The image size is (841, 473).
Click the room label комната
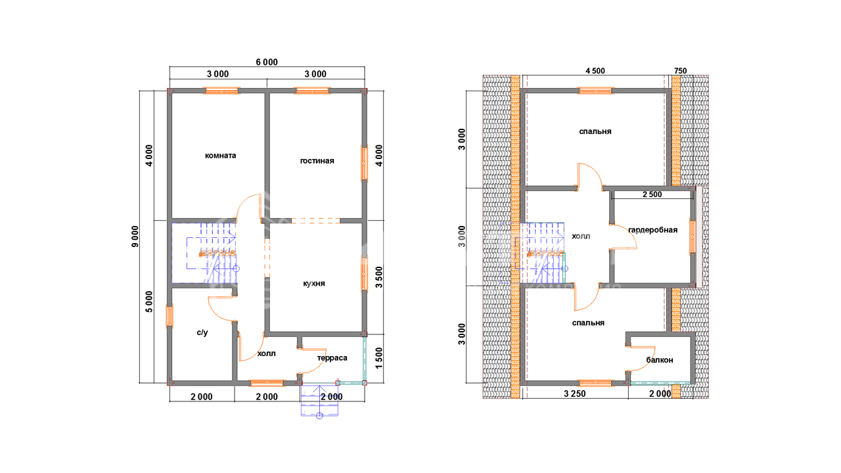pyautogui.click(x=220, y=156)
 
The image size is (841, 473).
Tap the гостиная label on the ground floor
pyautogui.click(x=317, y=161)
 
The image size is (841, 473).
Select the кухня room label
pyautogui.click(x=314, y=283)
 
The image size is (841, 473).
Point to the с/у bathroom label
pyautogui.click(x=202, y=332)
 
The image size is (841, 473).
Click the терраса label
pyautogui.click(x=332, y=358)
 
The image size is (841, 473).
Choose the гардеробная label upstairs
pyautogui.click(x=653, y=230)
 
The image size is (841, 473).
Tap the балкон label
pyautogui.click(x=660, y=360)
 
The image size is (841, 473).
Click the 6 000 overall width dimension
pyautogui.click(x=267, y=62)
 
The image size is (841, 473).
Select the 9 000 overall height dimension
pyautogui.click(x=135, y=236)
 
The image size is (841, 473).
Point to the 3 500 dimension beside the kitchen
pyautogui.click(x=379, y=277)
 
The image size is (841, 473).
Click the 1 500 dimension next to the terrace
pyautogui.click(x=379, y=358)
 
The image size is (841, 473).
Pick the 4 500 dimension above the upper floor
pyautogui.click(x=595, y=71)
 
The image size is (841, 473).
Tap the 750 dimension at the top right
pyautogui.click(x=680, y=71)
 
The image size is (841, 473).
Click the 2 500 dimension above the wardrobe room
pyautogui.click(x=652, y=194)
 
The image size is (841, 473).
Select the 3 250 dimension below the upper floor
pyautogui.click(x=575, y=394)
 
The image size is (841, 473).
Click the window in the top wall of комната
pyautogui.click(x=221, y=91)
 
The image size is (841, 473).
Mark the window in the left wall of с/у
pyautogui.click(x=170, y=316)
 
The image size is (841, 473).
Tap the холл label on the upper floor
pyautogui.click(x=581, y=236)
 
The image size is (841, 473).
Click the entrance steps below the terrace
pyautogui.click(x=319, y=400)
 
